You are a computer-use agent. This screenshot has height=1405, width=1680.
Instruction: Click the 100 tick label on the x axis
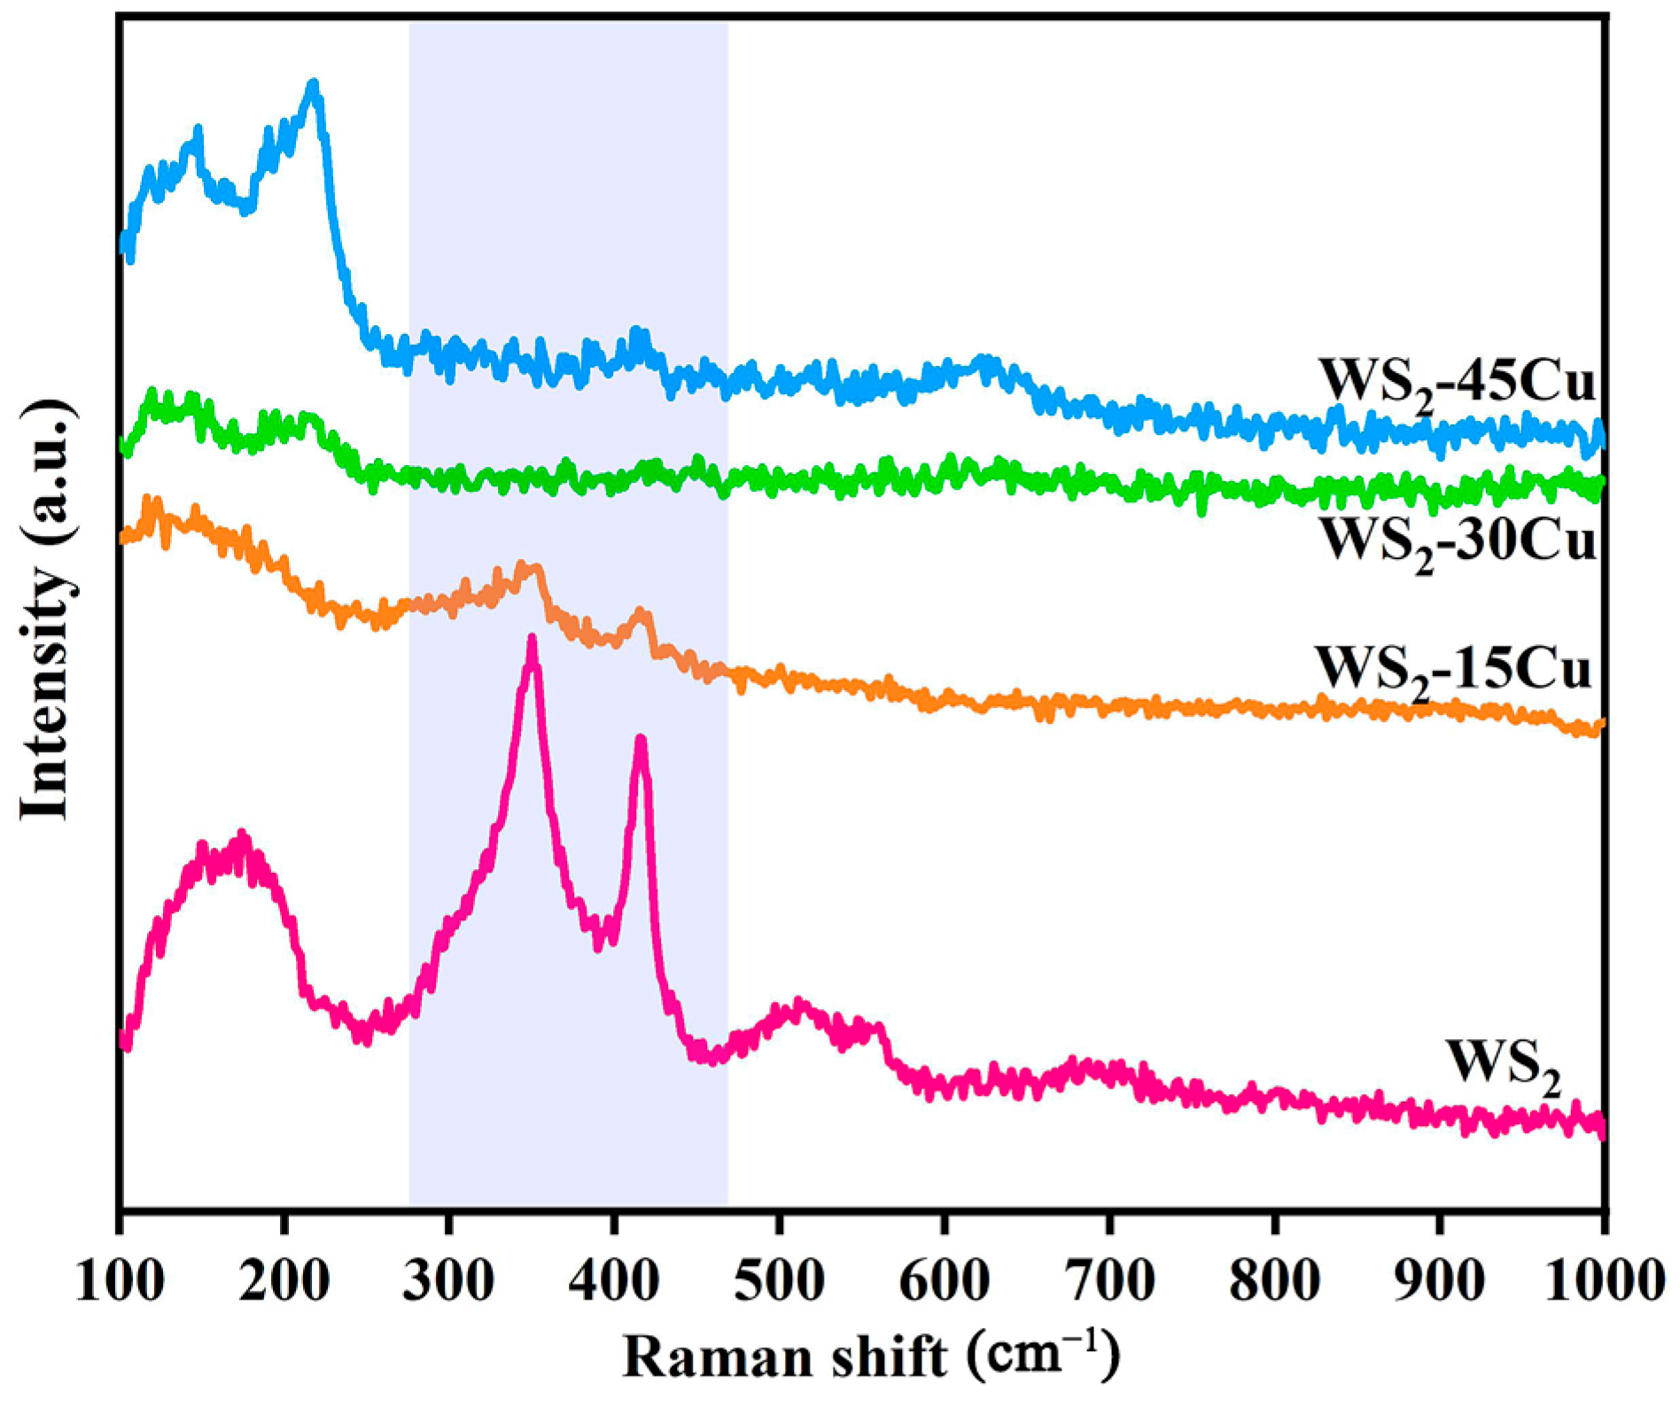120,1281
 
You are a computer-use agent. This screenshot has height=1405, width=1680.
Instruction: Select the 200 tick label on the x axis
284,1281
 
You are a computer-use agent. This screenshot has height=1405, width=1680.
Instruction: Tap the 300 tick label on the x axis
449,1281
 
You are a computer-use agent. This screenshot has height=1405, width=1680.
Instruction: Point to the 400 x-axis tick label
614,1281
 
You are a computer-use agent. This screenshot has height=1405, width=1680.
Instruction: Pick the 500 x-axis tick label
779,1281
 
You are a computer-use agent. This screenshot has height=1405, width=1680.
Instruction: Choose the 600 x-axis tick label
945,1281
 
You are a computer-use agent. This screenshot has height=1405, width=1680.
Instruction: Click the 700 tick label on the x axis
1109,1281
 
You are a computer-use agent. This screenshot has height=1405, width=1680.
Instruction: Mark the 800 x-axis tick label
1274,1281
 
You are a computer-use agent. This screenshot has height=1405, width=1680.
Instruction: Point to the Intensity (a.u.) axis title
44,611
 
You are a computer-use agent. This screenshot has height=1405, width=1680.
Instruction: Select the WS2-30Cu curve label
1458,541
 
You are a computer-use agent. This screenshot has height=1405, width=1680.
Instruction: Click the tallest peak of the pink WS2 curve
532,640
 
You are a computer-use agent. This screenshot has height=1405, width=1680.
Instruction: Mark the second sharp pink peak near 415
641,740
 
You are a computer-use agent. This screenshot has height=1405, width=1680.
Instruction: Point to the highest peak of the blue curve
313,84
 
